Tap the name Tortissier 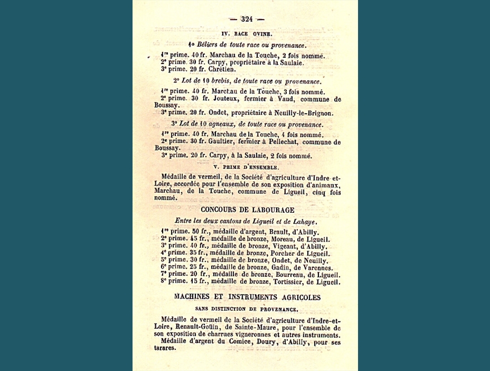click(x=290, y=282)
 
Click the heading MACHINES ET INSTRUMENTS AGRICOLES click(x=247, y=297)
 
